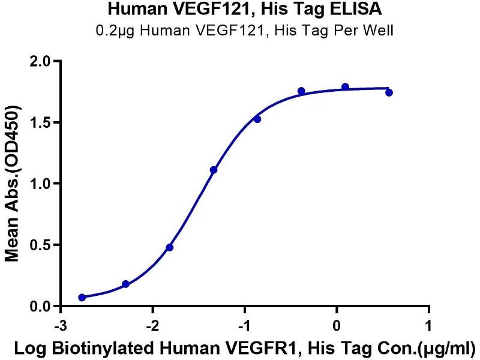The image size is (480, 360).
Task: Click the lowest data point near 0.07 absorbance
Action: [x=82, y=297]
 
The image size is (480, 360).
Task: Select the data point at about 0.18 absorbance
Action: [x=125, y=284]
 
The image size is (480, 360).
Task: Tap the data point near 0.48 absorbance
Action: [x=170, y=247]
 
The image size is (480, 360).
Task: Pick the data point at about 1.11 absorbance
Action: [x=214, y=170]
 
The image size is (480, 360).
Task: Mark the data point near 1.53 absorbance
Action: [x=257, y=119]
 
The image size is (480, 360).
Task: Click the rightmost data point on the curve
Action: [x=389, y=92]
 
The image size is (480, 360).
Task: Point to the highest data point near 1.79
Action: [x=345, y=87]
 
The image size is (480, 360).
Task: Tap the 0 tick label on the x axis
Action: [x=337, y=324]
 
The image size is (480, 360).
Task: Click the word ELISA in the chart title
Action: [x=347, y=10]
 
